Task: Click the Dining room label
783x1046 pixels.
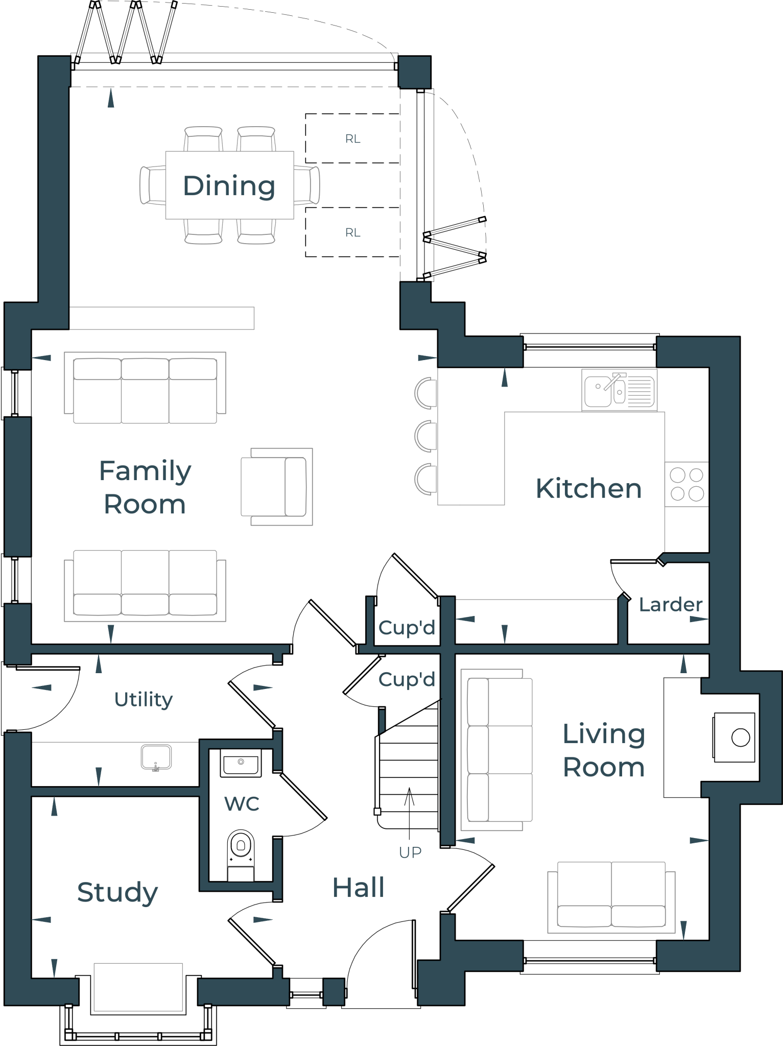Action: [x=229, y=185]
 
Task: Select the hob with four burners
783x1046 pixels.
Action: [x=686, y=484]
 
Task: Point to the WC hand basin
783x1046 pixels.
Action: [x=241, y=763]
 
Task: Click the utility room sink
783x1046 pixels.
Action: [x=156, y=757]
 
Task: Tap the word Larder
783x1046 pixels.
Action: [x=670, y=605]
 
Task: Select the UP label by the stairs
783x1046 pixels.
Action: [x=410, y=852]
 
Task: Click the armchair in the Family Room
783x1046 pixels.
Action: [x=276, y=487]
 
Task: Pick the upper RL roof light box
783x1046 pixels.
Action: [x=352, y=138]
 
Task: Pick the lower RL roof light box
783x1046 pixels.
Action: [x=352, y=232]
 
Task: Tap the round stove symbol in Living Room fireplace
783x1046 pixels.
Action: [x=740, y=738]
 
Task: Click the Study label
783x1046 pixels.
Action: [x=117, y=893]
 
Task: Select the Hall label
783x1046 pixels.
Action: [x=358, y=888]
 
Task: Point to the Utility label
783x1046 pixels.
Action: [x=144, y=699]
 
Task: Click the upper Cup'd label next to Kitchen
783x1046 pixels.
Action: [x=407, y=628]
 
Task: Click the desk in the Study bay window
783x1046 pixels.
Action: [x=138, y=987]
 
